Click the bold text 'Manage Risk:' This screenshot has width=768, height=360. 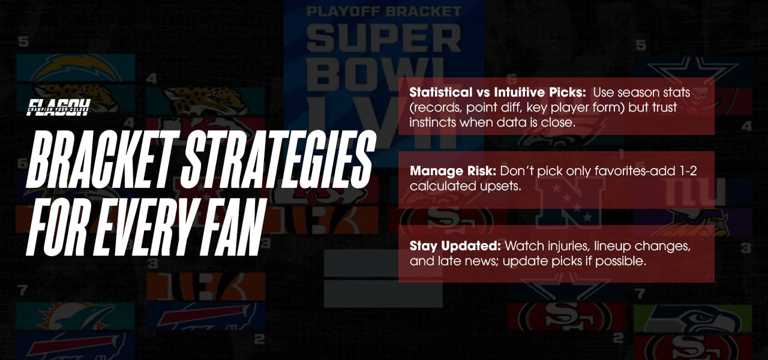pos(440,171)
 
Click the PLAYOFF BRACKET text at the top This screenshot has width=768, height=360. pos(384,11)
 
